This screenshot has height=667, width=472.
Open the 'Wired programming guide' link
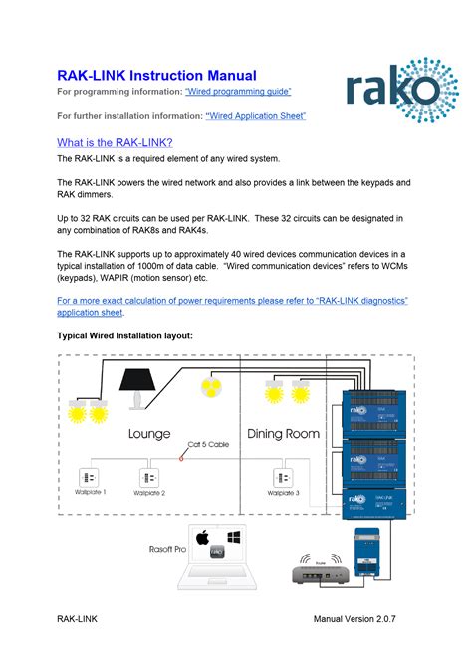[238, 92]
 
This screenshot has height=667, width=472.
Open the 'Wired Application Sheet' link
[255, 116]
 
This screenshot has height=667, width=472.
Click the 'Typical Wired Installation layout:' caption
[124, 335]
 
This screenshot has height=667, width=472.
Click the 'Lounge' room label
[149, 434]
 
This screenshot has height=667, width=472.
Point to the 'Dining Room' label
[283, 434]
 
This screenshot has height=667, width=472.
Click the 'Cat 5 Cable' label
[209, 445]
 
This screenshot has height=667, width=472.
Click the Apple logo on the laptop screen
[203, 538]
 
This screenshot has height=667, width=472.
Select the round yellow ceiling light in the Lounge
[210, 387]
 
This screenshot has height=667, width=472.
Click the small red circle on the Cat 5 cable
[180, 458]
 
